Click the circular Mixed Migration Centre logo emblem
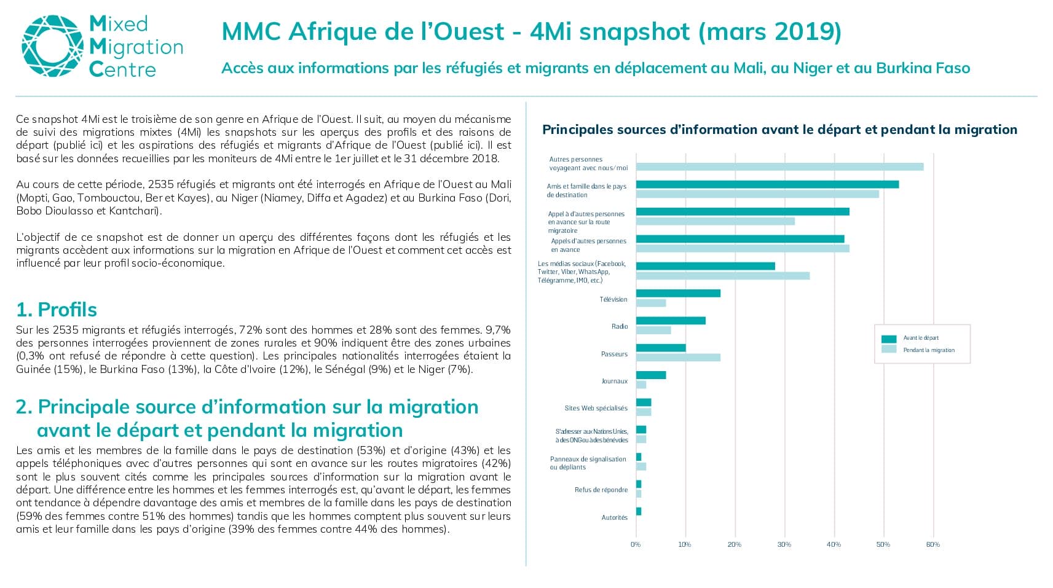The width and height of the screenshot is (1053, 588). (53, 46)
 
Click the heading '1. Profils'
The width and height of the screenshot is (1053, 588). (57, 310)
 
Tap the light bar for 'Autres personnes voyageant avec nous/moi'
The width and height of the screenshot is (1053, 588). (780, 167)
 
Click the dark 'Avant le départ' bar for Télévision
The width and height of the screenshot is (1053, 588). (679, 293)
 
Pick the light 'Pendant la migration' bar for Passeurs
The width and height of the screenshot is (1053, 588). (679, 358)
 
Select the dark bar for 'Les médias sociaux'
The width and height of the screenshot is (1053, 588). (706, 266)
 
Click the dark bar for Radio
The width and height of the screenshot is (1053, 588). (671, 321)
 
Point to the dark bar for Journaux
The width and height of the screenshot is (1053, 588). (651, 375)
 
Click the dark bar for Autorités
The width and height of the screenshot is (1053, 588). (639, 511)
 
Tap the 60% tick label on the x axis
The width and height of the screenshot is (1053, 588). (933, 545)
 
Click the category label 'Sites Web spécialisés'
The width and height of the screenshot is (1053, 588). (596, 409)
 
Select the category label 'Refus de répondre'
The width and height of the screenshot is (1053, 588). (601, 490)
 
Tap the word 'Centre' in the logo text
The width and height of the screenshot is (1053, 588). (122, 69)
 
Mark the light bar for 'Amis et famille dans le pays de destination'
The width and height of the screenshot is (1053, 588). (758, 194)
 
